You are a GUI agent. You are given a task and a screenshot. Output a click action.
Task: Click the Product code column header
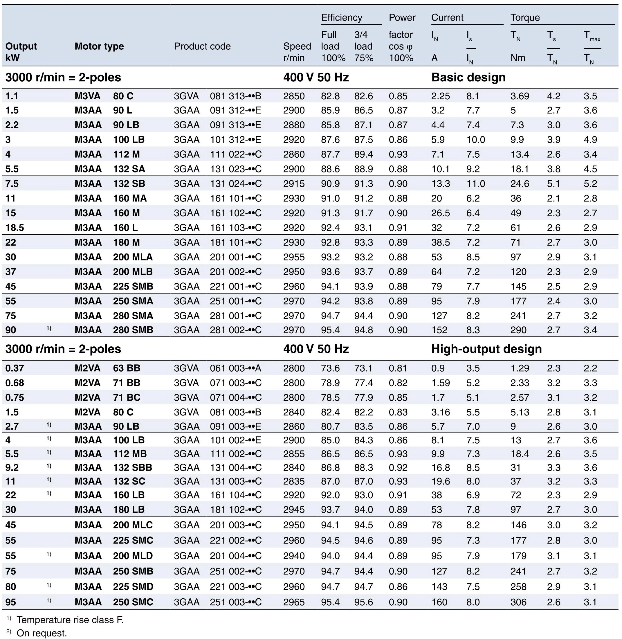click(x=202, y=46)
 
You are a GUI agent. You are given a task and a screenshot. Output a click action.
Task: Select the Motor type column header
click(x=99, y=46)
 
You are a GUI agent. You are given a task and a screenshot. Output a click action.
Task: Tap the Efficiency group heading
click(x=341, y=18)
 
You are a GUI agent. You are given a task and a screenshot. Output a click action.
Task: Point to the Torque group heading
click(x=525, y=18)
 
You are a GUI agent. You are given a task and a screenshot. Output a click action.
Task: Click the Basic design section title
click(x=468, y=78)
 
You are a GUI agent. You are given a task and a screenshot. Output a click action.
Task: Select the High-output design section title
click(x=486, y=349)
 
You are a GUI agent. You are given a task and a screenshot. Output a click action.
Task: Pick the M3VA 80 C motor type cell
click(x=104, y=96)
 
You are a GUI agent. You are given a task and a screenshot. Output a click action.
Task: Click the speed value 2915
click(x=294, y=183)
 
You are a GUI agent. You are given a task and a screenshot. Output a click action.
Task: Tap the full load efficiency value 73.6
click(x=330, y=368)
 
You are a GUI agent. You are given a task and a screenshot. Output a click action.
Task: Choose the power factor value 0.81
click(x=398, y=368)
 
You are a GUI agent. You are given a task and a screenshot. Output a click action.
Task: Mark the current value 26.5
click(x=440, y=213)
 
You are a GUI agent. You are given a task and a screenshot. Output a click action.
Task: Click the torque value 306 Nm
click(x=518, y=602)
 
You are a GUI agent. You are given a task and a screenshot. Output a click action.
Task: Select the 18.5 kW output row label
click(x=15, y=228)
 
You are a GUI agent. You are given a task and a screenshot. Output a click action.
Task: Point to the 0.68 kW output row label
click(x=15, y=383)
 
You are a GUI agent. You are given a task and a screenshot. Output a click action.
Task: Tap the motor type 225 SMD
click(x=133, y=586)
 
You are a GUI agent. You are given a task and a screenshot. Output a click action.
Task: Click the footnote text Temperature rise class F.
click(x=70, y=620)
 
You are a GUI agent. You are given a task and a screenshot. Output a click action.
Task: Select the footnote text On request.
click(x=42, y=633)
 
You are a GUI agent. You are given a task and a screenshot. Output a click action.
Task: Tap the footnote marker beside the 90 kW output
click(x=49, y=328)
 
